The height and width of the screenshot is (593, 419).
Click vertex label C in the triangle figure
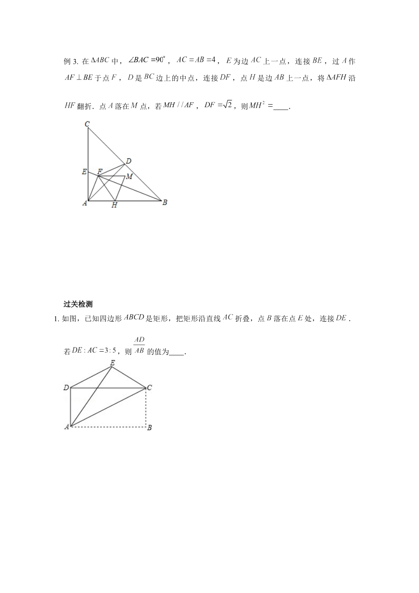(87, 124)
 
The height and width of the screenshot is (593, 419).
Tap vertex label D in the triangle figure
(128, 161)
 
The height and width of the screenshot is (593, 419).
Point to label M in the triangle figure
(129, 176)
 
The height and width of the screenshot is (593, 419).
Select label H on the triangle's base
(114, 205)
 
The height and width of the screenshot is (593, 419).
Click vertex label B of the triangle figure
(165, 203)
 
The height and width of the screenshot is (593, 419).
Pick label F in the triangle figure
(100, 171)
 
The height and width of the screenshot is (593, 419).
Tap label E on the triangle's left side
(84, 172)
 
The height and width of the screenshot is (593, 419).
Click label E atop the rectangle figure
(112, 363)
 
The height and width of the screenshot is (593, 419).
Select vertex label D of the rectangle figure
(66, 388)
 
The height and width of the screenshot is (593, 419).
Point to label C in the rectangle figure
(150, 388)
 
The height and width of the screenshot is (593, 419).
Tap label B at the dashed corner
(150, 427)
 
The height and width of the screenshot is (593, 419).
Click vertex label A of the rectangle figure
(67, 427)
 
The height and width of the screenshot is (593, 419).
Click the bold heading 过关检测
(78, 304)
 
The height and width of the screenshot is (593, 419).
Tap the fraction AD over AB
(139, 345)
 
